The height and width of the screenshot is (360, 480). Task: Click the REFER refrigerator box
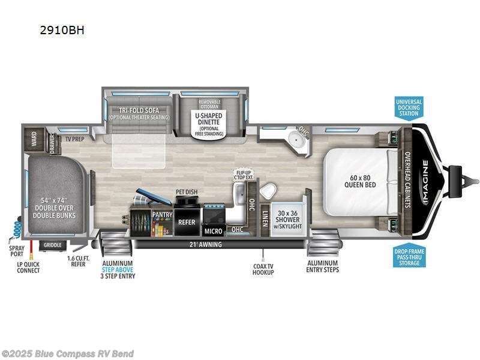pyautogui.click(x=187, y=222)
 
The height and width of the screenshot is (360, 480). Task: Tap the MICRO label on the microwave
pyautogui.click(x=214, y=231)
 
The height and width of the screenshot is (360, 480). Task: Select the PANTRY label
pyautogui.click(x=162, y=214)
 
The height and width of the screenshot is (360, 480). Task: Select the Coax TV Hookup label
pyautogui.click(x=263, y=269)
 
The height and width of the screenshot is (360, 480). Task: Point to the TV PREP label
pyautogui.click(x=74, y=139)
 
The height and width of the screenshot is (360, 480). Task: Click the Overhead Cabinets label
pyautogui.click(x=408, y=179)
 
